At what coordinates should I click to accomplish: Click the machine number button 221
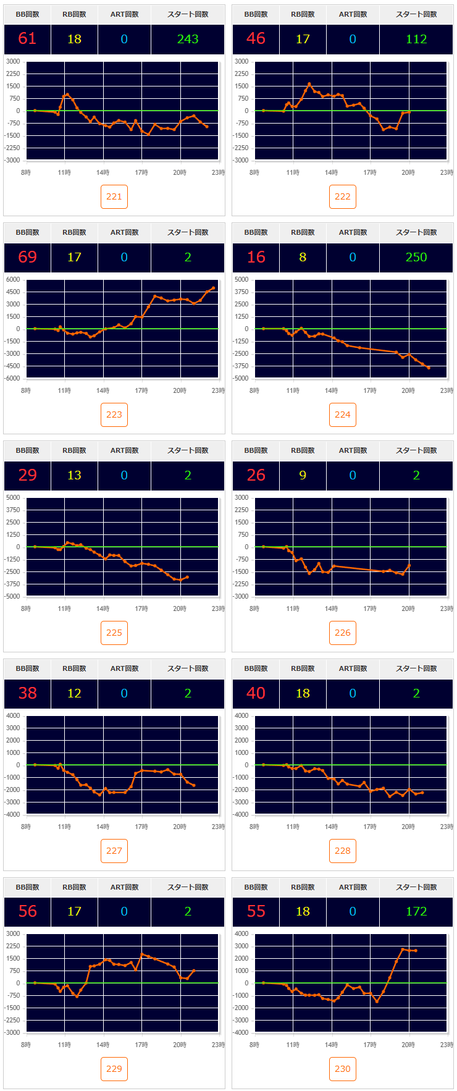click(114, 196)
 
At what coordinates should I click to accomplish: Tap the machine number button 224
click(343, 415)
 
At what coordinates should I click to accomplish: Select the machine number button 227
click(114, 851)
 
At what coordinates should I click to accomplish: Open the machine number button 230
click(343, 1069)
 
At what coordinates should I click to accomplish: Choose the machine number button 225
click(114, 633)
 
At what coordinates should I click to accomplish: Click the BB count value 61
click(27, 39)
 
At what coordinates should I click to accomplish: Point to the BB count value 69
click(27, 257)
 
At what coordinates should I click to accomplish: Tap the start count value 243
click(188, 39)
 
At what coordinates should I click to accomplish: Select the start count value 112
click(416, 39)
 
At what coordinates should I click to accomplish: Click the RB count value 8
click(303, 257)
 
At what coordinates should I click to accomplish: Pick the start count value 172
click(416, 911)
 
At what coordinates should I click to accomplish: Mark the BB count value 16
click(256, 257)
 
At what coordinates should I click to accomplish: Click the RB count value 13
click(74, 475)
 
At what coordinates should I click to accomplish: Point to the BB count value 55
click(256, 911)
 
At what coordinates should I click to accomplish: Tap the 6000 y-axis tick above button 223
click(14, 279)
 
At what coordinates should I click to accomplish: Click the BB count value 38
click(27, 693)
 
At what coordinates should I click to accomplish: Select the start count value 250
click(416, 257)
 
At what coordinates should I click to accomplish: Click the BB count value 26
click(256, 475)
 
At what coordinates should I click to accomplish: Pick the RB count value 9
click(303, 475)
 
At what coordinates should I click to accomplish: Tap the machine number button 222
click(343, 196)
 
